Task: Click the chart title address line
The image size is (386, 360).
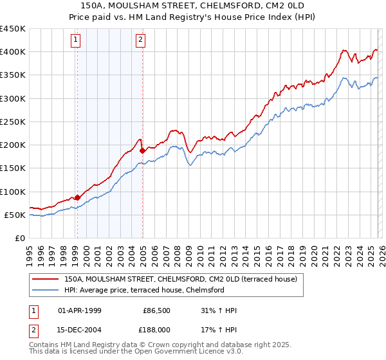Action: point(192,5)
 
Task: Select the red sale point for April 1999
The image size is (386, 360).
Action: point(77,197)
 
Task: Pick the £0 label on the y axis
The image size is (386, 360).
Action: point(19,238)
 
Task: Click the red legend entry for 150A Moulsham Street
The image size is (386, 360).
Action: point(180,280)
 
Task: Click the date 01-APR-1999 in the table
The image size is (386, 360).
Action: point(80,310)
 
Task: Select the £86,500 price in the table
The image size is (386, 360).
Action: point(157,310)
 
